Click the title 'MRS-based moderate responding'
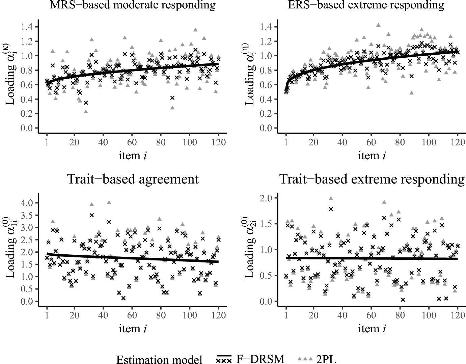[133, 5]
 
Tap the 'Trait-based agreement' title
[133, 179]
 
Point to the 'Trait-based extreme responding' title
[372, 179]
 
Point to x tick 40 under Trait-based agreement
[103, 315]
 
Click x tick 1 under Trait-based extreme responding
[286, 315]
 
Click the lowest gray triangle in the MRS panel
[86, 111]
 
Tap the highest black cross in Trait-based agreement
[91, 215]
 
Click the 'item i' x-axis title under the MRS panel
[133, 155]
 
